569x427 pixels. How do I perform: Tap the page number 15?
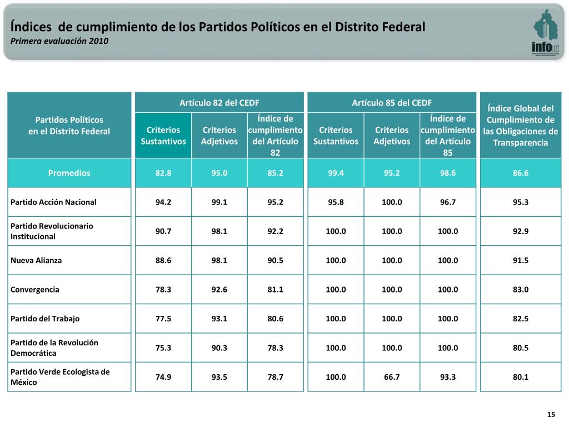click(x=551, y=415)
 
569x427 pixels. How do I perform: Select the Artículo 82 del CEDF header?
click(x=219, y=102)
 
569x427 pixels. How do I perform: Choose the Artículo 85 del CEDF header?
click(x=392, y=102)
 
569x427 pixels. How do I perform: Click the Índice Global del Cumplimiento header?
click(x=520, y=125)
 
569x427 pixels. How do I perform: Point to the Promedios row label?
click(x=69, y=173)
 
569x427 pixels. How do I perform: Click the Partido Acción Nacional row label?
click(x=53, y=202)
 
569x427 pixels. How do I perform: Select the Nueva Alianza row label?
click(x=36, y=260)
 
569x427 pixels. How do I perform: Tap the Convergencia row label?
click(x=35, y=290)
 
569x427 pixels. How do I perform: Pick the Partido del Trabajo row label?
click(x=45, y=319)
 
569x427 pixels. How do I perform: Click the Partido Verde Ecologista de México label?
click(x=60, y=377)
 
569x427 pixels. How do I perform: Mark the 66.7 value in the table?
click(x=392, y=377)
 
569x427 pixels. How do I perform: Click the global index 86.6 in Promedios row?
click(x=521, y=173)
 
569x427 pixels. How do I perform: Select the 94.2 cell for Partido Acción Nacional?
click(x=163, y=202)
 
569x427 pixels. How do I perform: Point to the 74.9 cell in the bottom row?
click(x=163, y=377)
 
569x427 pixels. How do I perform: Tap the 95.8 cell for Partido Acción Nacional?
click(x=336, y=202)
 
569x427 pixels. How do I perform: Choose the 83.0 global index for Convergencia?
click(x=521, y=290)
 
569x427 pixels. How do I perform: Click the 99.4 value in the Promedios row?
click(x=336, y=173)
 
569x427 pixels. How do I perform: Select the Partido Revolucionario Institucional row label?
click(x=52, y=231)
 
